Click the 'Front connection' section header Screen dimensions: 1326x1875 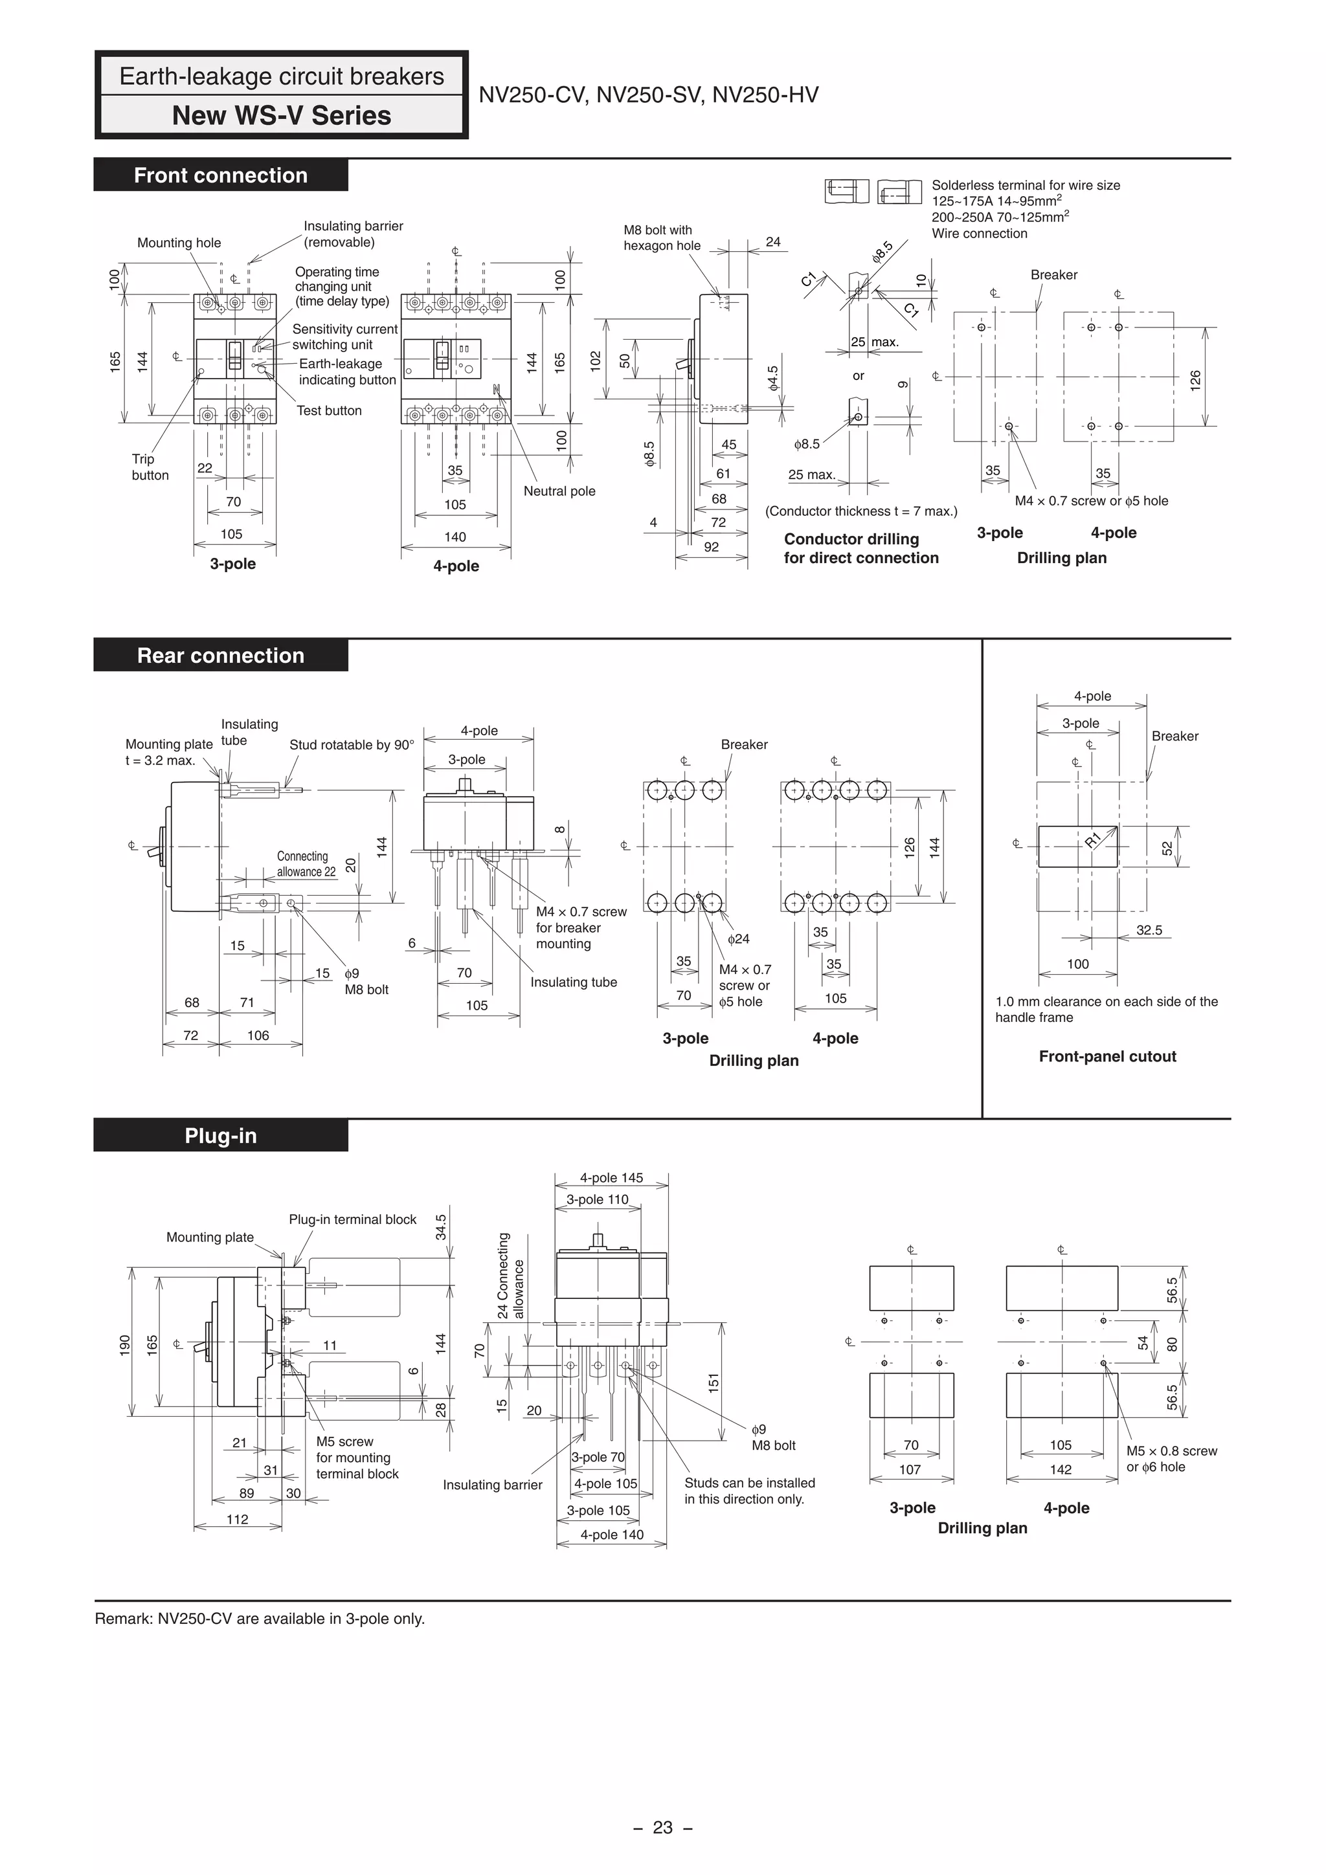pos(221,175)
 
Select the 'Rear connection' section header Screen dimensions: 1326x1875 pos(221,655)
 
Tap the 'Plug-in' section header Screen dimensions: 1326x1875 pos(221,1135)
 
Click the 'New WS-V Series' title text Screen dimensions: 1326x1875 pos(281,115)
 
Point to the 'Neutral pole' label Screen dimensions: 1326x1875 pos(559,491)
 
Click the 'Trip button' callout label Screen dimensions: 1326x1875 pos(150,467)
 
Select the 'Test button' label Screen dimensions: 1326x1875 pos(330,411)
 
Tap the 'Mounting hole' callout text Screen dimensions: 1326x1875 pos(179,243)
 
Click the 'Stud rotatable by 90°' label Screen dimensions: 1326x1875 pos(352,745)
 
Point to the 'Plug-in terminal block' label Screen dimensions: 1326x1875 pos(353,1219)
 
